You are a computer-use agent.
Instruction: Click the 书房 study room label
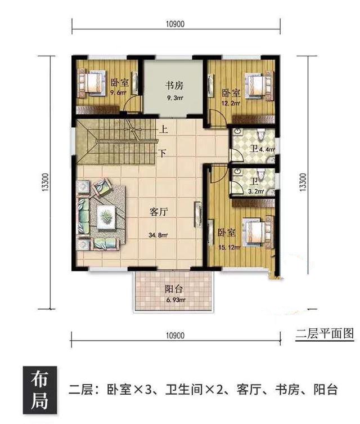click(174, 86)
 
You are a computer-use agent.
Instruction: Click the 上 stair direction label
click(163, 129)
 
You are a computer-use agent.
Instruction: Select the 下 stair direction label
click(163, 152)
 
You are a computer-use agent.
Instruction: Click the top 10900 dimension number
click(176, 24)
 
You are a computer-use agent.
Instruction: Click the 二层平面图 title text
click(325, 333)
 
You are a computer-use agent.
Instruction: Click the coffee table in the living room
click(105, 215)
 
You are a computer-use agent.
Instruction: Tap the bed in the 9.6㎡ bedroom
click(93, 82)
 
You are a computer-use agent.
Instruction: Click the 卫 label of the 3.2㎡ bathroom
click(254, 182)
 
